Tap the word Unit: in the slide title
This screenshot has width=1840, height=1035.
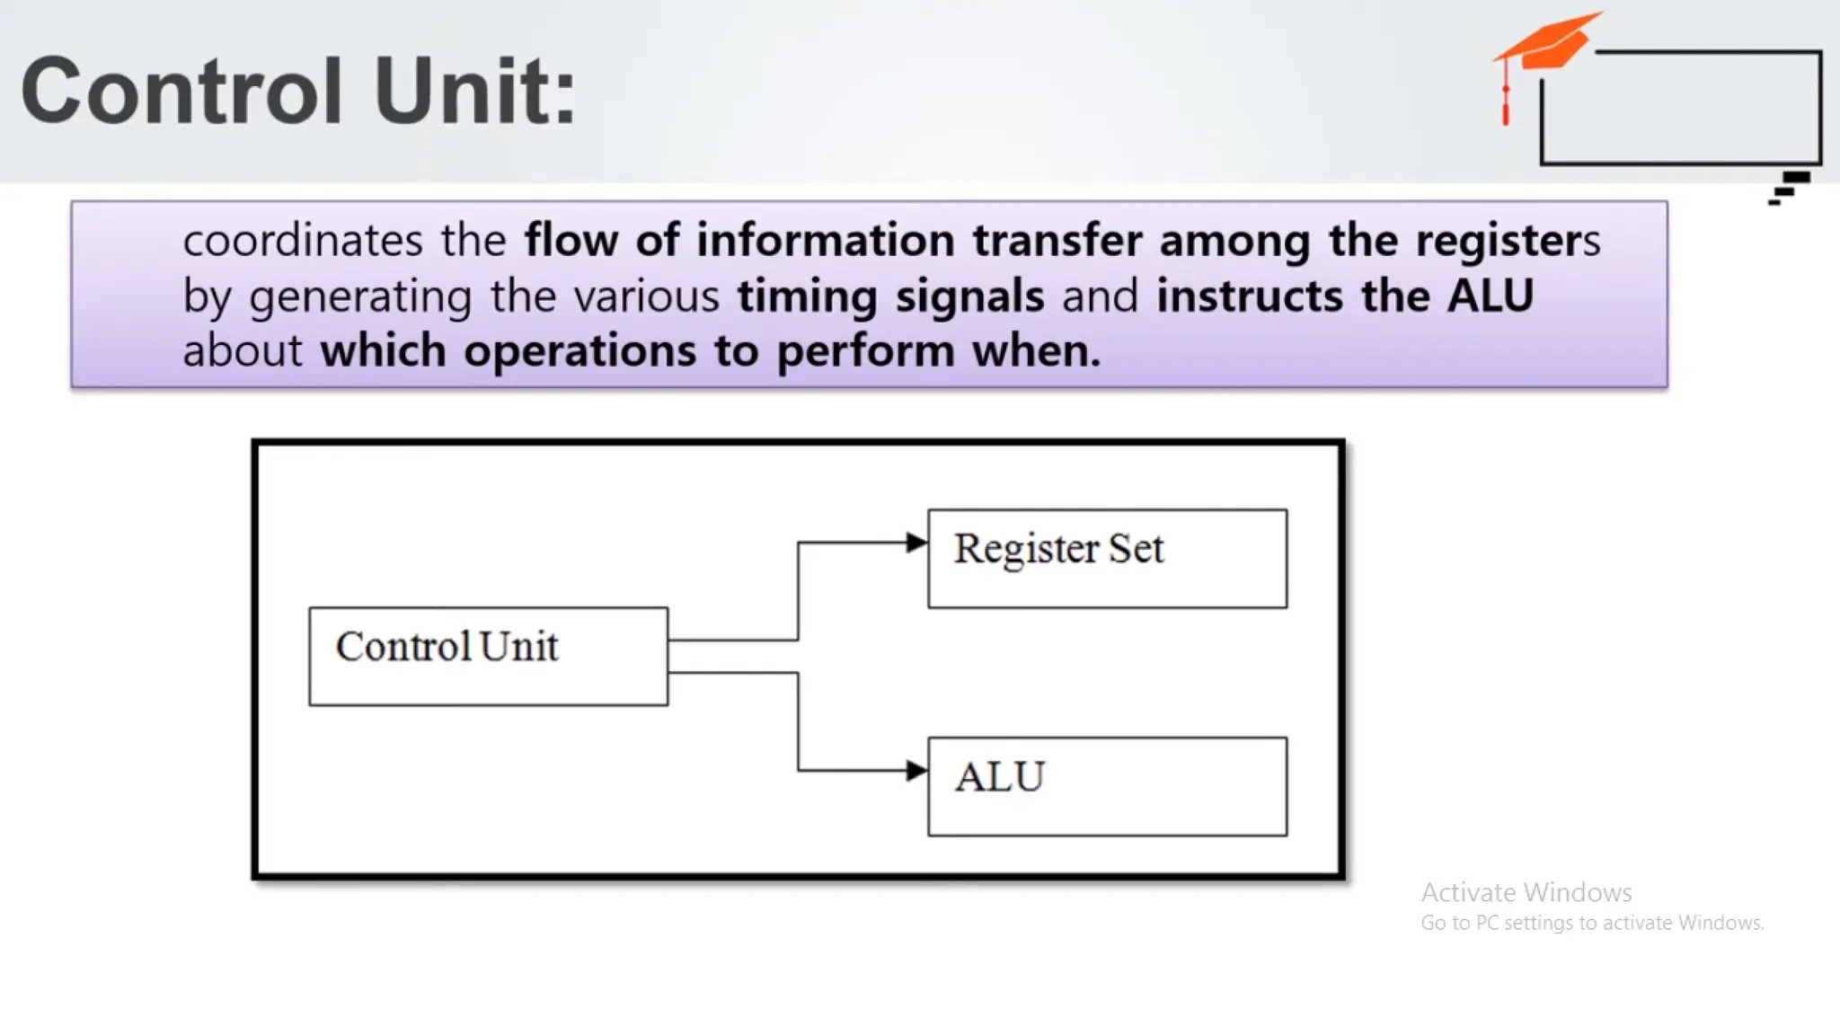pyautogui.click(x=474, y=91)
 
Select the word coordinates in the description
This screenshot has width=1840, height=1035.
pyautogui.click(x=303, y=241)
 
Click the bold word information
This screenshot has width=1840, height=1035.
pyautogui.click(x=825, y=241)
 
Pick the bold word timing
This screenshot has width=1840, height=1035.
pyautogui.click(x=807, y=296)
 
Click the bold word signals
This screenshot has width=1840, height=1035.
pyautogui.click(x=969, y=296)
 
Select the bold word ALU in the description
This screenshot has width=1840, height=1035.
pyautogui.click(x=1490, y=296)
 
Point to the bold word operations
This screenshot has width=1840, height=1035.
pyautogui.click(x=579, y=350)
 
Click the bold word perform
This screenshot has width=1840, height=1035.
pyautogui.click(x=865, y=351)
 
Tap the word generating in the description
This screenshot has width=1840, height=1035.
pyautogui.click(x=360, y=297)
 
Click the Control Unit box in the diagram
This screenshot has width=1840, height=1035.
pyautogui.click(x=488, y=656)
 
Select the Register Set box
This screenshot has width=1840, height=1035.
pyautogui.click(x=1107, y=558)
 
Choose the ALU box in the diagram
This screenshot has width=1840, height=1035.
pyautogui.click(x=1107, y=786)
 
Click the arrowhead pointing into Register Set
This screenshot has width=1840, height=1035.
pyautogui.click(x=916, y=543)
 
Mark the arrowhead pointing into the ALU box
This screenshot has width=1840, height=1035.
pyautogui.click(x=916, y=770)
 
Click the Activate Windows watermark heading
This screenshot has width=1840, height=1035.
pyautogui.click(x=1526, y=892)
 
